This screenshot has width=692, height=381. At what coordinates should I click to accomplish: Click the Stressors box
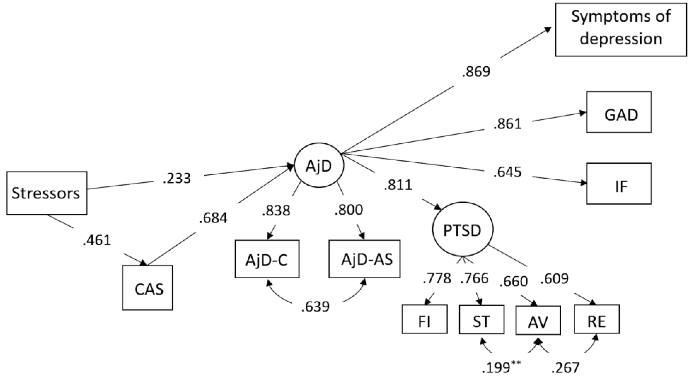[x=47, y=193]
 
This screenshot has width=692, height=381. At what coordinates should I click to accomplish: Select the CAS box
[x=147, y=288]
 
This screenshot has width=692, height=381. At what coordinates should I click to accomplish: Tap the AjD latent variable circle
[x=319, y=165]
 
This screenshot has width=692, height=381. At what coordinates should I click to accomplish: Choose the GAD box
[x=619, y=112]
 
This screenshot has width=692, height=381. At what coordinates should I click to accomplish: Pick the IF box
[x=619, y=184]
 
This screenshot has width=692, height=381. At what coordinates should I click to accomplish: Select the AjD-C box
[x=267, y=259]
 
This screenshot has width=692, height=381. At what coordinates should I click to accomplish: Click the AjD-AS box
[x=364, y=259]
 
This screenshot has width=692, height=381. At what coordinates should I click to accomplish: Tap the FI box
[x=424, y=319]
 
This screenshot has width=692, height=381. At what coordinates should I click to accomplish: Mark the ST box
[x=481, y=319]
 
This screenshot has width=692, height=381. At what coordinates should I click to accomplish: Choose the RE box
[x=597, y=319]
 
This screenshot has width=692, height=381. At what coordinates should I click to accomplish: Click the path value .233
[x=177, y=178]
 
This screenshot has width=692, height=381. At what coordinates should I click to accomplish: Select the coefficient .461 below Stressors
[x=97, y=240]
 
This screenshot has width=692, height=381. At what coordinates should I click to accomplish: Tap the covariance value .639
[x=315, y=307]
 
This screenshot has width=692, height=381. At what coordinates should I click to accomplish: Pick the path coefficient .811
[x=398, y=185]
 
